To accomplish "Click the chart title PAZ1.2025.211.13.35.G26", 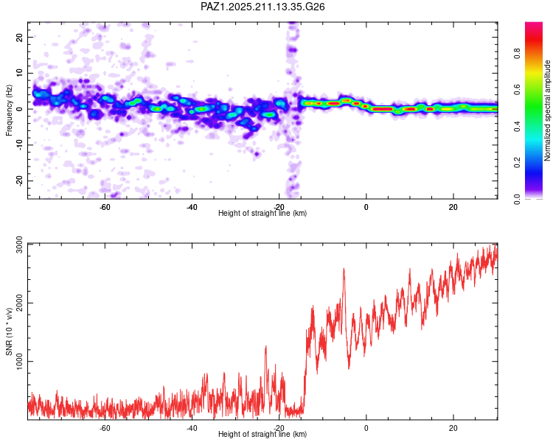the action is [x=262, y=7].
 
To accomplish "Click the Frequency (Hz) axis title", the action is [x=9, y=110].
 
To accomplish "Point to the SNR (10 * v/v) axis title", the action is [x=9, y=331].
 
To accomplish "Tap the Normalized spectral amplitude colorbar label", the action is [x=547, y=110].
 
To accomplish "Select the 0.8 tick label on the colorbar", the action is [x=517, y=54].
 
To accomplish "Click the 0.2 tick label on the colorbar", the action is [x=517, y=163].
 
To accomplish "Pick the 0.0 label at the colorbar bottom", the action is [x=517, y=199].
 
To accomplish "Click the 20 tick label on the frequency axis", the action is [x=19, y=37].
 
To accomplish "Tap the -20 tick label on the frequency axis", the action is [x=19, y=180].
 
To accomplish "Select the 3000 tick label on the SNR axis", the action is [x=19, y=245].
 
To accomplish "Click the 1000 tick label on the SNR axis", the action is [x=19, y=362].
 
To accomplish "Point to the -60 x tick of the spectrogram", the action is [x=105, y=207].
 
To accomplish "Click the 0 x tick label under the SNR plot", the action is [x=366, y=428].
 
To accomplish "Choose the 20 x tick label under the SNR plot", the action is [x=453, y=428].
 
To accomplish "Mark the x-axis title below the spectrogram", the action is [x=262, y=213].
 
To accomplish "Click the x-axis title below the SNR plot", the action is [x=262, y=434].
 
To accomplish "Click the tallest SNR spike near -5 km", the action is [x=344, y=269].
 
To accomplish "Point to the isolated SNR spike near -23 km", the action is [x=266, y=346].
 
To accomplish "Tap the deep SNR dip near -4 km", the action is [x=349, y=368].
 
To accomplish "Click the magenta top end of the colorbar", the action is [x=534, y=24].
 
